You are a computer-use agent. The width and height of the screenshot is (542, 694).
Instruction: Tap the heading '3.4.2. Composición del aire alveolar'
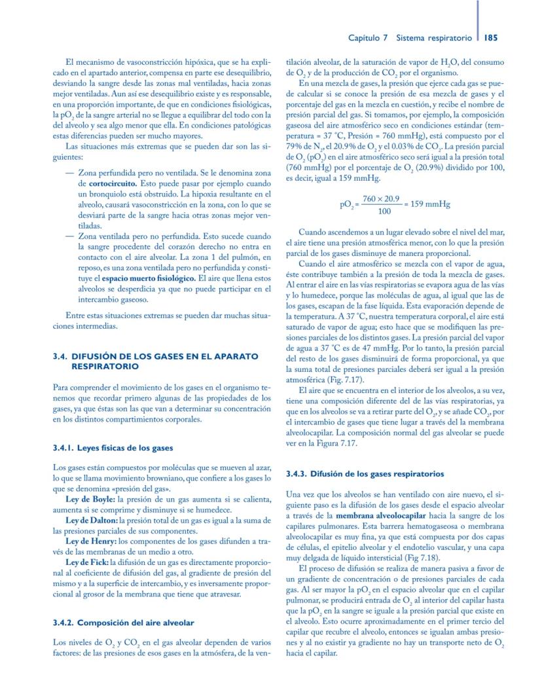[x=122, y=622]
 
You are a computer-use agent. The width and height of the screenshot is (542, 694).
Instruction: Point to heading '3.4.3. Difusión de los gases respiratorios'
[x=365, y=473]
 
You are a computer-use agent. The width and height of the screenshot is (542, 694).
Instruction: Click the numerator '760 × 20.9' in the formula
[x=381, y=198]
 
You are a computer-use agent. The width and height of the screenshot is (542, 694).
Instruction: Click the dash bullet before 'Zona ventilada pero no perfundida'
[x=70, y=236]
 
